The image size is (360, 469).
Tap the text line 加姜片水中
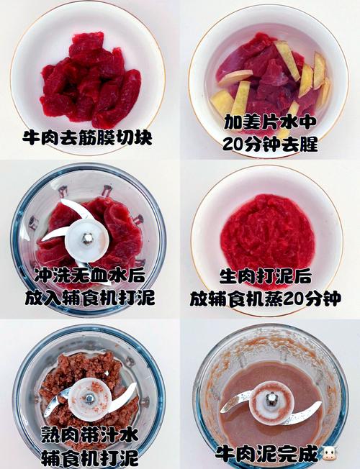pyautogui.click(x=270, y=121)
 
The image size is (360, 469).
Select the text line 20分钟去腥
pyautogui.click(x=270, y=143)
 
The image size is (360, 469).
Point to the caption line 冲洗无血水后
pyautogui.click(x=90, y=276)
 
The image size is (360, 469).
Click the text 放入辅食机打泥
pyautogui.click(x=90, y=298)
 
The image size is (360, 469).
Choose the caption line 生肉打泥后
pyautogui.click(x=270, y=276)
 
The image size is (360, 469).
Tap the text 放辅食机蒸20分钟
pyautogui.click(x=270, y=298)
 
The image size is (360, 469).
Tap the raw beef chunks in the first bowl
pyautogui.click(x=90, y=79)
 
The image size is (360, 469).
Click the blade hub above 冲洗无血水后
pyautogui.click(x=86, y=237)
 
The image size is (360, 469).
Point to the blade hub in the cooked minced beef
pyautogui.click(x=89, y=397)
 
